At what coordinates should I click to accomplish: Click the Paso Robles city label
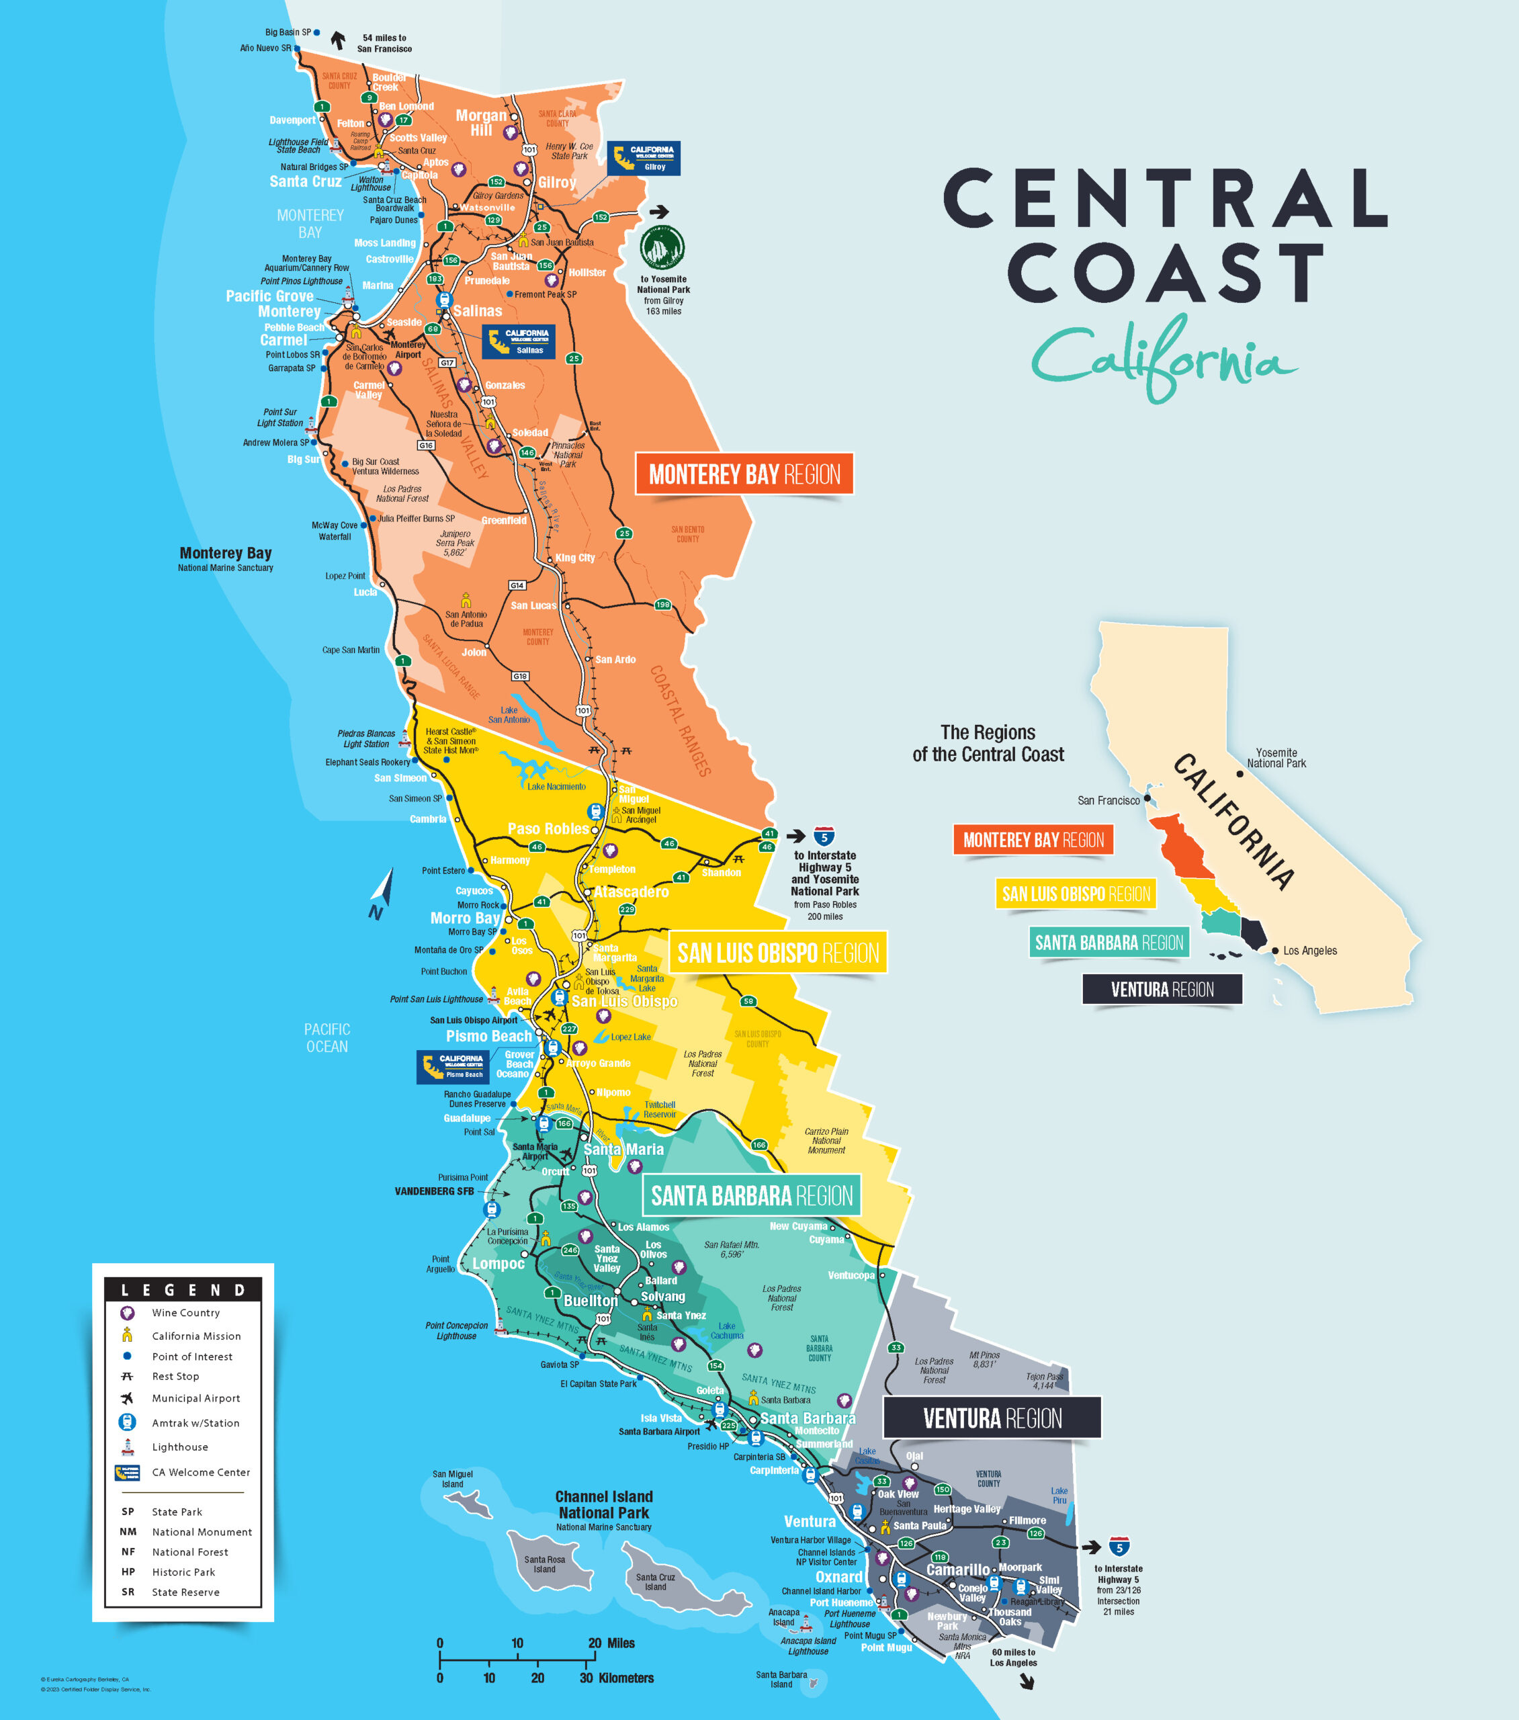(548, 829)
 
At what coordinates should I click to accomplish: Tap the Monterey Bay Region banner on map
(744, 474)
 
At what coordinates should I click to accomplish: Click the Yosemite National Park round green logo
(662, 248)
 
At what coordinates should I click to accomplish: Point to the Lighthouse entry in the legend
(179, 1447)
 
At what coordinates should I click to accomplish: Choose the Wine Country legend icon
(127, 1313)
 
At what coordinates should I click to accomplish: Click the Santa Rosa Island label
(544, 1563)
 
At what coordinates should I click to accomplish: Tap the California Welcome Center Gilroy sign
(644, 158)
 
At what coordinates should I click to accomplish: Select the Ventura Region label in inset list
(1162, 990)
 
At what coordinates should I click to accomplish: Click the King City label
(575, 558)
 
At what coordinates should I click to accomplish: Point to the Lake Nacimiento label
(556, 786)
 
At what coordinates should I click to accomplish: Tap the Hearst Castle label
(450, 740)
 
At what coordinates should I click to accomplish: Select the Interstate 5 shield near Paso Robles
(824, 836)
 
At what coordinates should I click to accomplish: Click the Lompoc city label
(498, 1263)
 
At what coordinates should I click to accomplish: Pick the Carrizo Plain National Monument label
(826, 1140)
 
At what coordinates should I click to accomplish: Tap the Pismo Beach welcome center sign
(453, 1066)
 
